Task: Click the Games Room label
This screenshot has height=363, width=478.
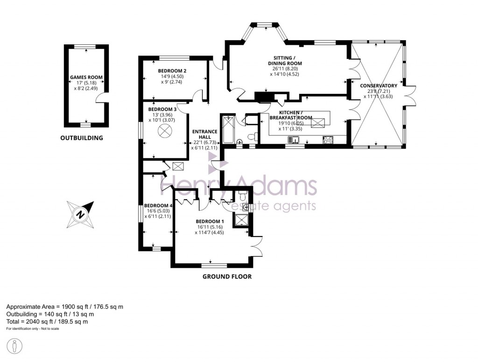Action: pyautogui.click(x=86, y=77)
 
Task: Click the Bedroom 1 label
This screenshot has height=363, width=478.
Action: pyautogui.click(x=210, y=221)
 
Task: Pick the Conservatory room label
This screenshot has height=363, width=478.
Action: pyautogui.click(x=379, y=86)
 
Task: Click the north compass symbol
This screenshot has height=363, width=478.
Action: pyautogui.click(x=80, y=214)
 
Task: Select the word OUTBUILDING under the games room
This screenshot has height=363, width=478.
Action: pyautogui.click(x=82, y=138)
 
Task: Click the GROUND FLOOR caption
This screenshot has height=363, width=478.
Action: pyautogui.click(x=227, y=277)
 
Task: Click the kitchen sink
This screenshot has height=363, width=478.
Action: pyautogui.click(x=294, y=139)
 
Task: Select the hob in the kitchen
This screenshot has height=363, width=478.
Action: pyautogui.click(x=328, y=139)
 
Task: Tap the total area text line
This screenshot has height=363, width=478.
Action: pyautogui.click(x=47, y=322)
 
